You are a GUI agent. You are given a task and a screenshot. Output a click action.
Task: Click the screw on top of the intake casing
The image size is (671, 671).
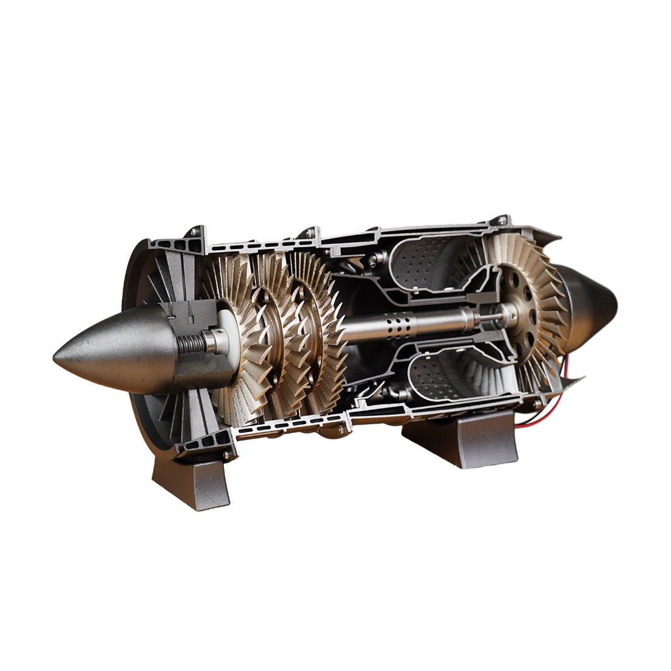(x=195, y=231)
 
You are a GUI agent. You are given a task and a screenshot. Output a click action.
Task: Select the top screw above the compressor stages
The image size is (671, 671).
(x=308, y=232)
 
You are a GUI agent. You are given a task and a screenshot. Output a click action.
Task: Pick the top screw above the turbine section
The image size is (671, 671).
(x=501, y=220)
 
